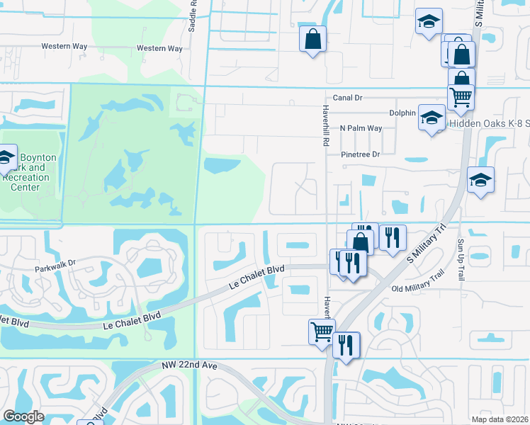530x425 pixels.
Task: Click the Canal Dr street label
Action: pos(348,98)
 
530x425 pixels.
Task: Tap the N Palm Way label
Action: pos(361,128)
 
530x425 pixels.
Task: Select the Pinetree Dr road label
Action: pos(360,154)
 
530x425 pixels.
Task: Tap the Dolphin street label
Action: pos(402,113)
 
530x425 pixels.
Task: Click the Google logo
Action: pos(23,416)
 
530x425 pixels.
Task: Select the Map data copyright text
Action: pos(499,419)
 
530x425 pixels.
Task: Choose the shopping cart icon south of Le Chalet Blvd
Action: pos(322,330)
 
